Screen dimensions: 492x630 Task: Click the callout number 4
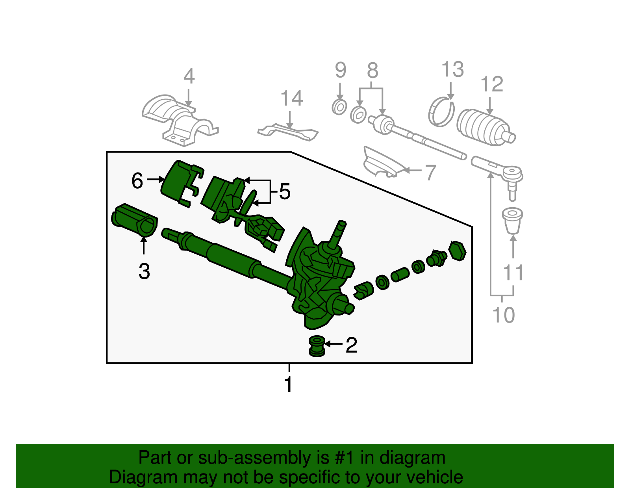coord(189,76)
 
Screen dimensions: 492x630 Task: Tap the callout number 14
coord(291,98)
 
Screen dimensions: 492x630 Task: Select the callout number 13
coord(452,70)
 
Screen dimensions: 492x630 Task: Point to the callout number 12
coord(492,85)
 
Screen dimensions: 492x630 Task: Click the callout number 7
coord(431,173)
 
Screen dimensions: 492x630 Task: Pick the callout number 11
coord(513,273)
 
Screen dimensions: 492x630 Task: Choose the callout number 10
coord(504,315)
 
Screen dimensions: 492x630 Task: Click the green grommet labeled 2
coord(317,346)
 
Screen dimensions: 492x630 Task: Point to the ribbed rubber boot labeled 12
coord(482,126)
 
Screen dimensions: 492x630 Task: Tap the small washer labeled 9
coord(339,107)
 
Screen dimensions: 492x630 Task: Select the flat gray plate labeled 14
coord(288,132)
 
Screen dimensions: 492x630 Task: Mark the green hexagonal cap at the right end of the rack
coord(458,251)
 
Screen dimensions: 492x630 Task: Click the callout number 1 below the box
coord(289,384)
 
